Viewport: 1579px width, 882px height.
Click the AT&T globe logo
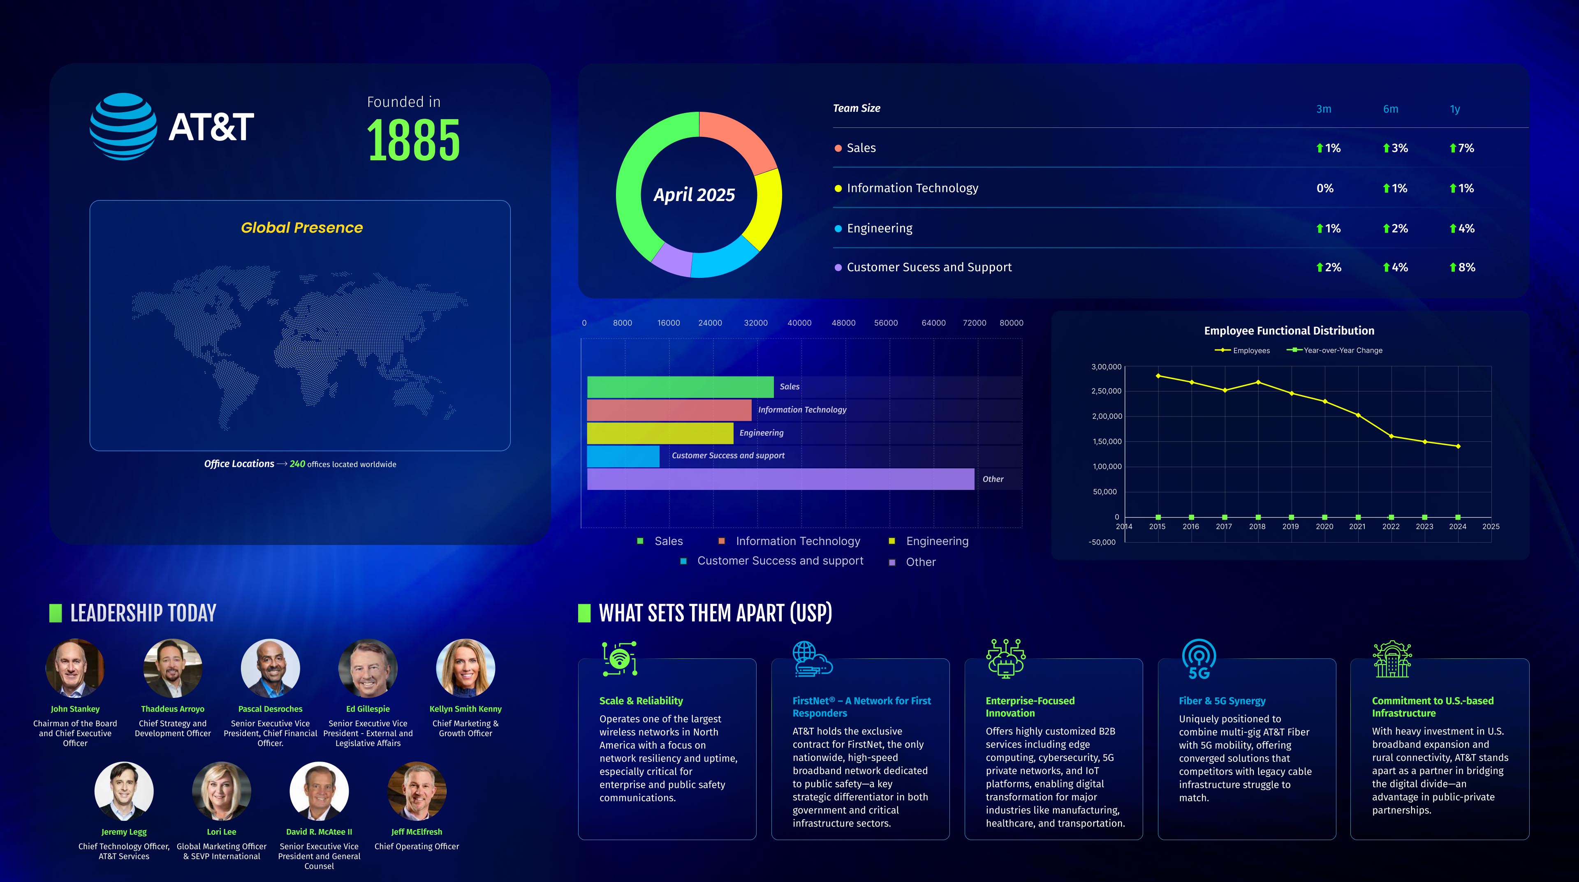(x=123, y=126)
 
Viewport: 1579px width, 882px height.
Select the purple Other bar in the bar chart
(x=780, y=479)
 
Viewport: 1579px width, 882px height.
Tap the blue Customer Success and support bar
(x=623, y=456)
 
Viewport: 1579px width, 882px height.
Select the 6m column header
(x=1390, y=109)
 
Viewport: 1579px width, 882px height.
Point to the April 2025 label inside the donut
(x=694, y=195)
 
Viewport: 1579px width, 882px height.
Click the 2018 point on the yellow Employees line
(x=1258, y=382)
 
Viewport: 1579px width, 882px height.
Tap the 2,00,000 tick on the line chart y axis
(x=1107, y=416)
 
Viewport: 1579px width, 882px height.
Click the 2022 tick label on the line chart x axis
(x=1391, y=527)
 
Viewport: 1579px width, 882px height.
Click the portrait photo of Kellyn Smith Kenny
(x=465, y=668)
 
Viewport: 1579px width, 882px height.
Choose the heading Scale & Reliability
(x=641, y=701)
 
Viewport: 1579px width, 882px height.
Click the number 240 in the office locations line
(x=297, y=464)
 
